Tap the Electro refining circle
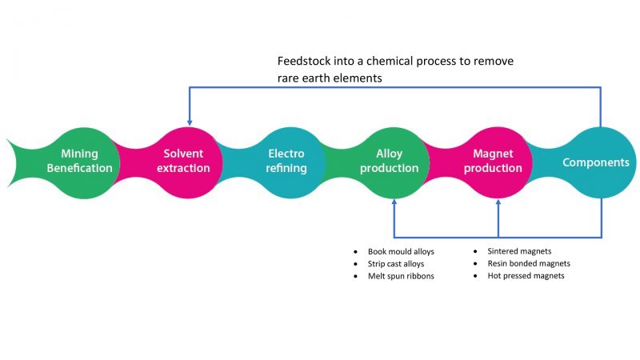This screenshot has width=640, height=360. pos(286,161)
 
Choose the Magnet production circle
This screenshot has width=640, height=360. pos(498,161)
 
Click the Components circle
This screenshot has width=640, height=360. pos(596,162)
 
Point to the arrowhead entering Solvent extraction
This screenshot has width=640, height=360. pos(190,121)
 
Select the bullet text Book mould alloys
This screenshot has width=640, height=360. pos(401,251)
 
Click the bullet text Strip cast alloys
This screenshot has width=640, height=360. pos(396,263)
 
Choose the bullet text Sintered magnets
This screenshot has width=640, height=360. pos(519,251)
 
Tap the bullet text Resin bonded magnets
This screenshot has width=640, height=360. pos(529,263)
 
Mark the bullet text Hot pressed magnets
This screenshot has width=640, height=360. pos(526,276)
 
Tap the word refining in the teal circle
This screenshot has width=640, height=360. pos(286,168)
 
